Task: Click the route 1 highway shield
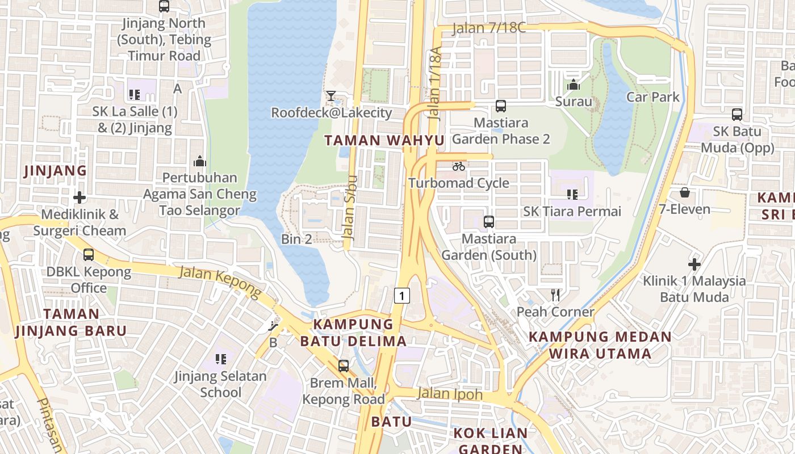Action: click(402, 295)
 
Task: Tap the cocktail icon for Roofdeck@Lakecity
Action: click(331, 96)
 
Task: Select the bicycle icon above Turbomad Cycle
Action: click(459, 166)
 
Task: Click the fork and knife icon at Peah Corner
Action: click(555, 295)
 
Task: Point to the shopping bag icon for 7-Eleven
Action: click(685, 192)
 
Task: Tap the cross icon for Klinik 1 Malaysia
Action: click(694, 264)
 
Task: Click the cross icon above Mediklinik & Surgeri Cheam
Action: click(79, 197)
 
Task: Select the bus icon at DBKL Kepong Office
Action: click(89, 255)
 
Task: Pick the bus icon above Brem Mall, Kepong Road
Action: click(344, 366)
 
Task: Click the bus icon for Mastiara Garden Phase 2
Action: click(500, 106)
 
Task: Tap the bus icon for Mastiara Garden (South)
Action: click(488, 222)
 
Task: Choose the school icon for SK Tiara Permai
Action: click(572, 195)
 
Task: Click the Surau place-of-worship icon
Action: click(574, 85)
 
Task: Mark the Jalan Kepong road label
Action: click(220, 282)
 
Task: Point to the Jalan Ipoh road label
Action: click(450, 394)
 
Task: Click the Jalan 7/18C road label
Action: click(489, 28)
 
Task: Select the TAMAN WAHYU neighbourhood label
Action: click(384, 141)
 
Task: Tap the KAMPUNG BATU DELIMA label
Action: click(353, 333)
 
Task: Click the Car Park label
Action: click(652, 97)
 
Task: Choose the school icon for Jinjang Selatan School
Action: click(221, 359)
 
